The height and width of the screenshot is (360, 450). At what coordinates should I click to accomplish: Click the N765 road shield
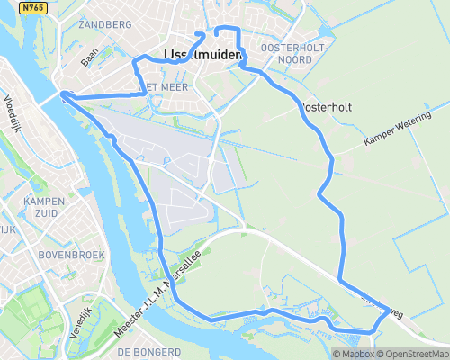tap(33, 7)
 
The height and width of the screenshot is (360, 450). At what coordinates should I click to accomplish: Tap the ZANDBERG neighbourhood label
tap(106, 25)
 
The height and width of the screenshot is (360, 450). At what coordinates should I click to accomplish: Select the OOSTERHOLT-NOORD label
tap(285, 53)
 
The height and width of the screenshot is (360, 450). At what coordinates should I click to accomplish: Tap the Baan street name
tap(89, 58)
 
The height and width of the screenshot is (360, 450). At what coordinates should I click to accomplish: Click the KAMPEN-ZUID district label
tap(48, 206)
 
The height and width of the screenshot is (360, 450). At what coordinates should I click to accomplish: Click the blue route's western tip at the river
tap(62, 94)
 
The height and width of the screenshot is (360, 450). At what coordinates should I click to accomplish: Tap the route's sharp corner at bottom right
tap(391, 310)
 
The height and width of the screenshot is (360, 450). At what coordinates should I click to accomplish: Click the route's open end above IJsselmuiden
tap(217, 39)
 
